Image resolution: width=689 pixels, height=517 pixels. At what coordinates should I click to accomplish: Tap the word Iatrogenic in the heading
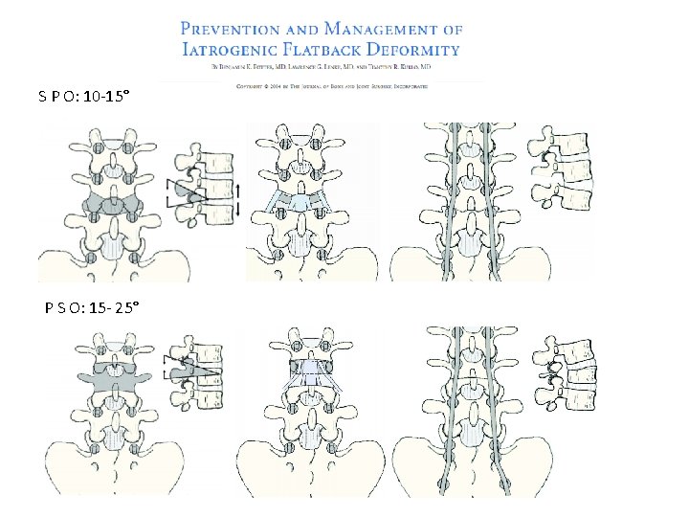(229, 49)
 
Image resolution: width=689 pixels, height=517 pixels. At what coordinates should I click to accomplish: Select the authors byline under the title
(320, 69)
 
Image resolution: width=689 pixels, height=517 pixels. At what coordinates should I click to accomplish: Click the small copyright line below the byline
(331, 85)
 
